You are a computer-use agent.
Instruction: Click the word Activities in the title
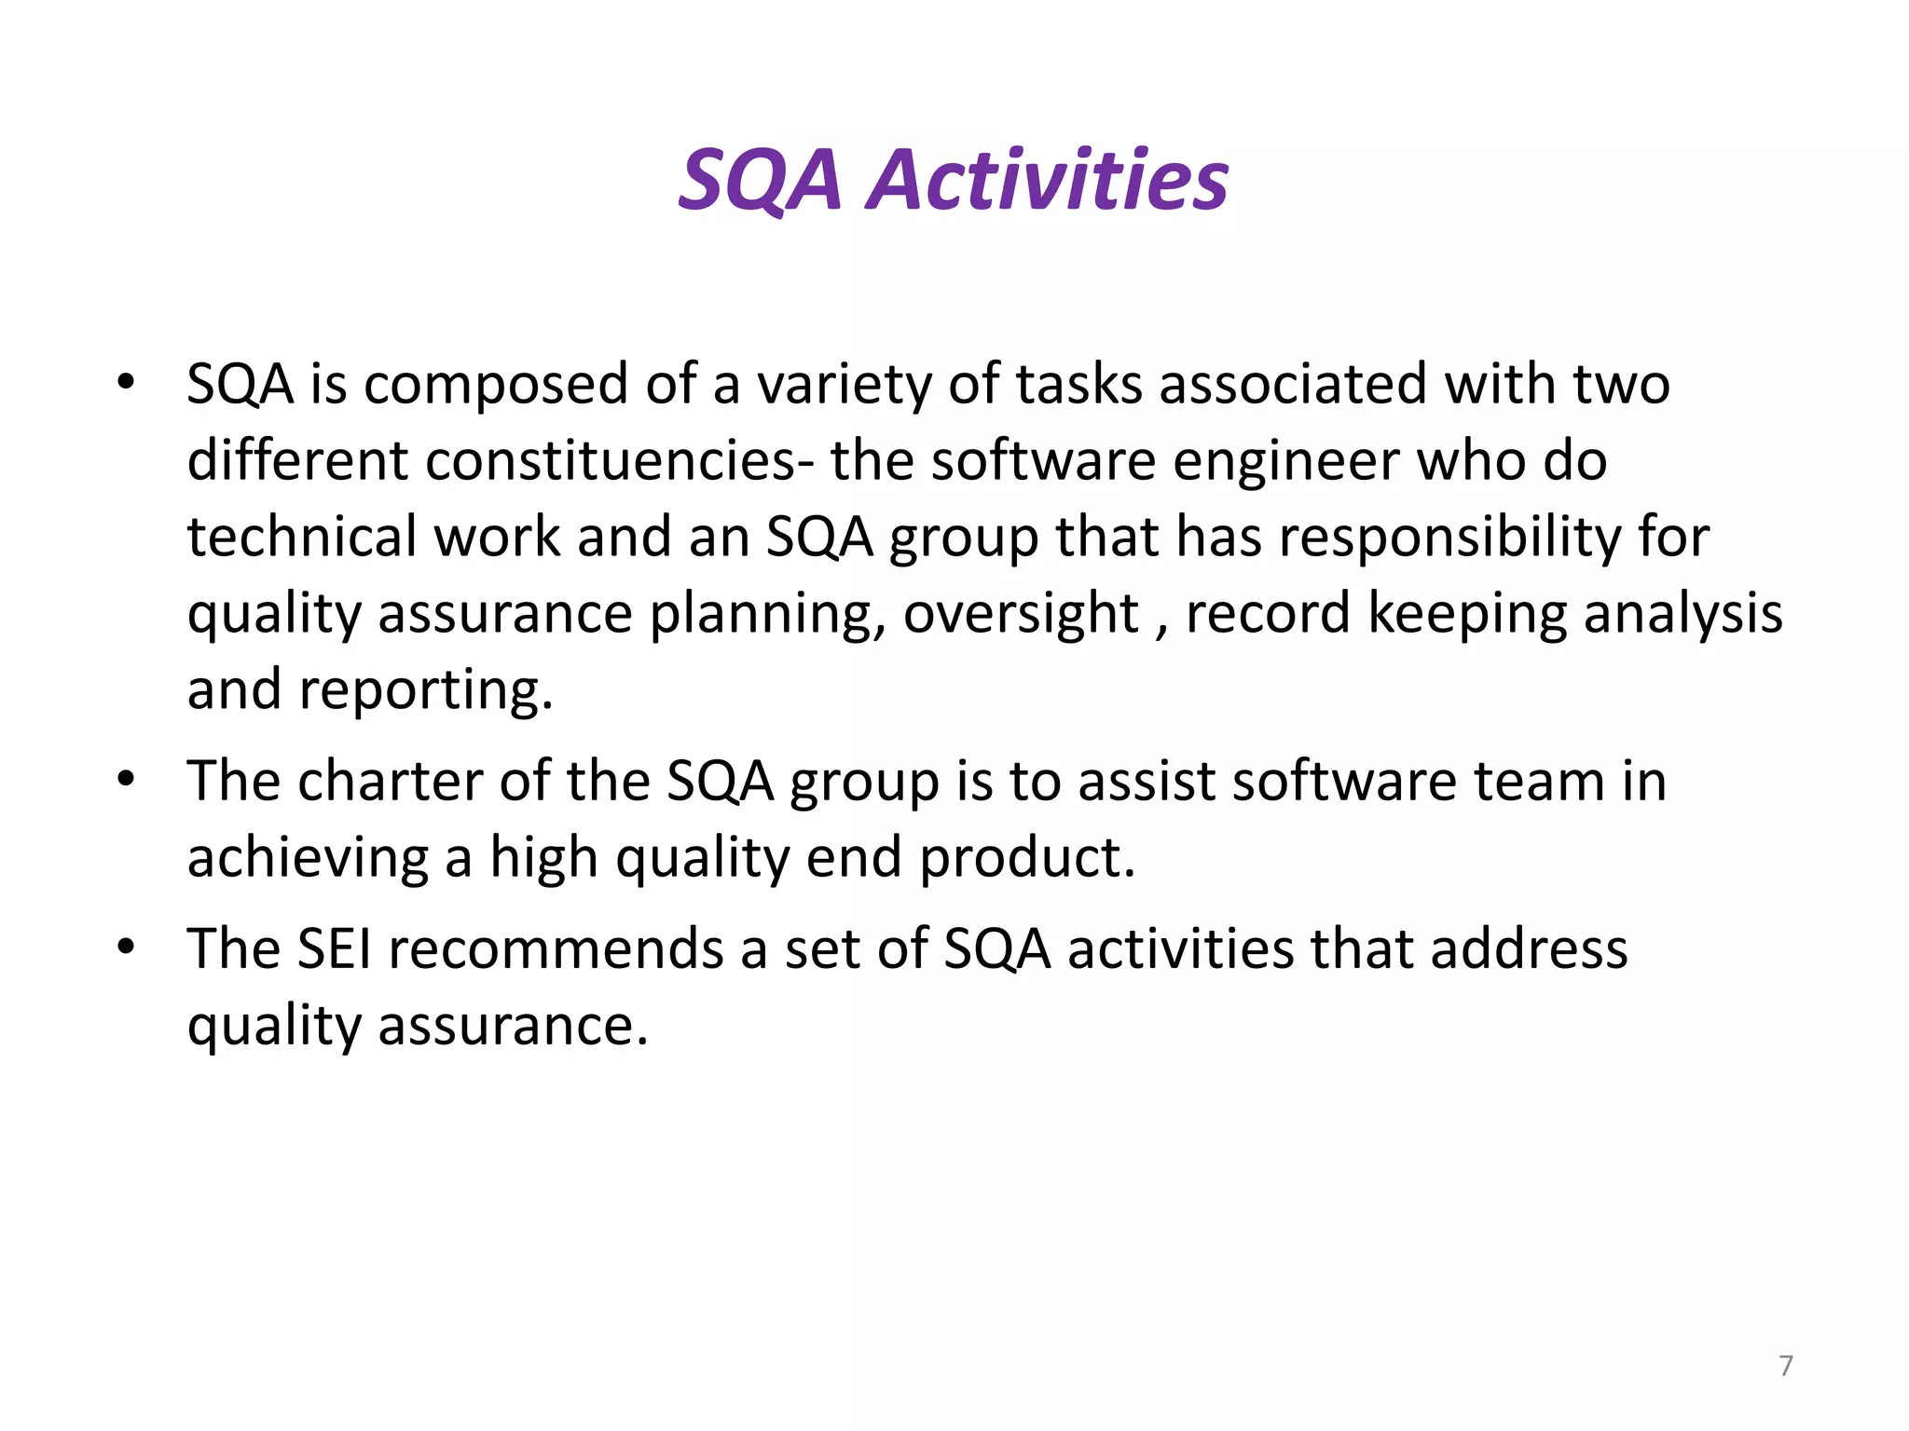pyautogui.click(x=1048, y=180)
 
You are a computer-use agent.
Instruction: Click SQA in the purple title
pyautogui.click(x=761, y=180)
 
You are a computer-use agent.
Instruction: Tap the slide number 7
pyautogui.click(x=1785, y=1366)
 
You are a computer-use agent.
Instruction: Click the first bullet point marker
pyautogui.click(x=127, y=382)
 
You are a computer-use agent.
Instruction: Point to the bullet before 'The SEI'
pyautogui.click(x=127, y=947)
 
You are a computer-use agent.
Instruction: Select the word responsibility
pyautogui.click(x=1449, y=538)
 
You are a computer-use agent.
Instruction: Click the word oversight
pyautogui.click(x=1022, y=615)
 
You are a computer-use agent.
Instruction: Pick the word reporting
pyautogui.click(x=425, y=691)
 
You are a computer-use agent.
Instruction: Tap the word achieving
pyautogui.click(x=308, y=858)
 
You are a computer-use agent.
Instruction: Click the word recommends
pyautogui.click(x=556, y=949)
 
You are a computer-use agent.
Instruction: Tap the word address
pyautogui.click(x=1529, y=949)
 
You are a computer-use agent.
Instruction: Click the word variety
pyautogui.click(x=844, y=386)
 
